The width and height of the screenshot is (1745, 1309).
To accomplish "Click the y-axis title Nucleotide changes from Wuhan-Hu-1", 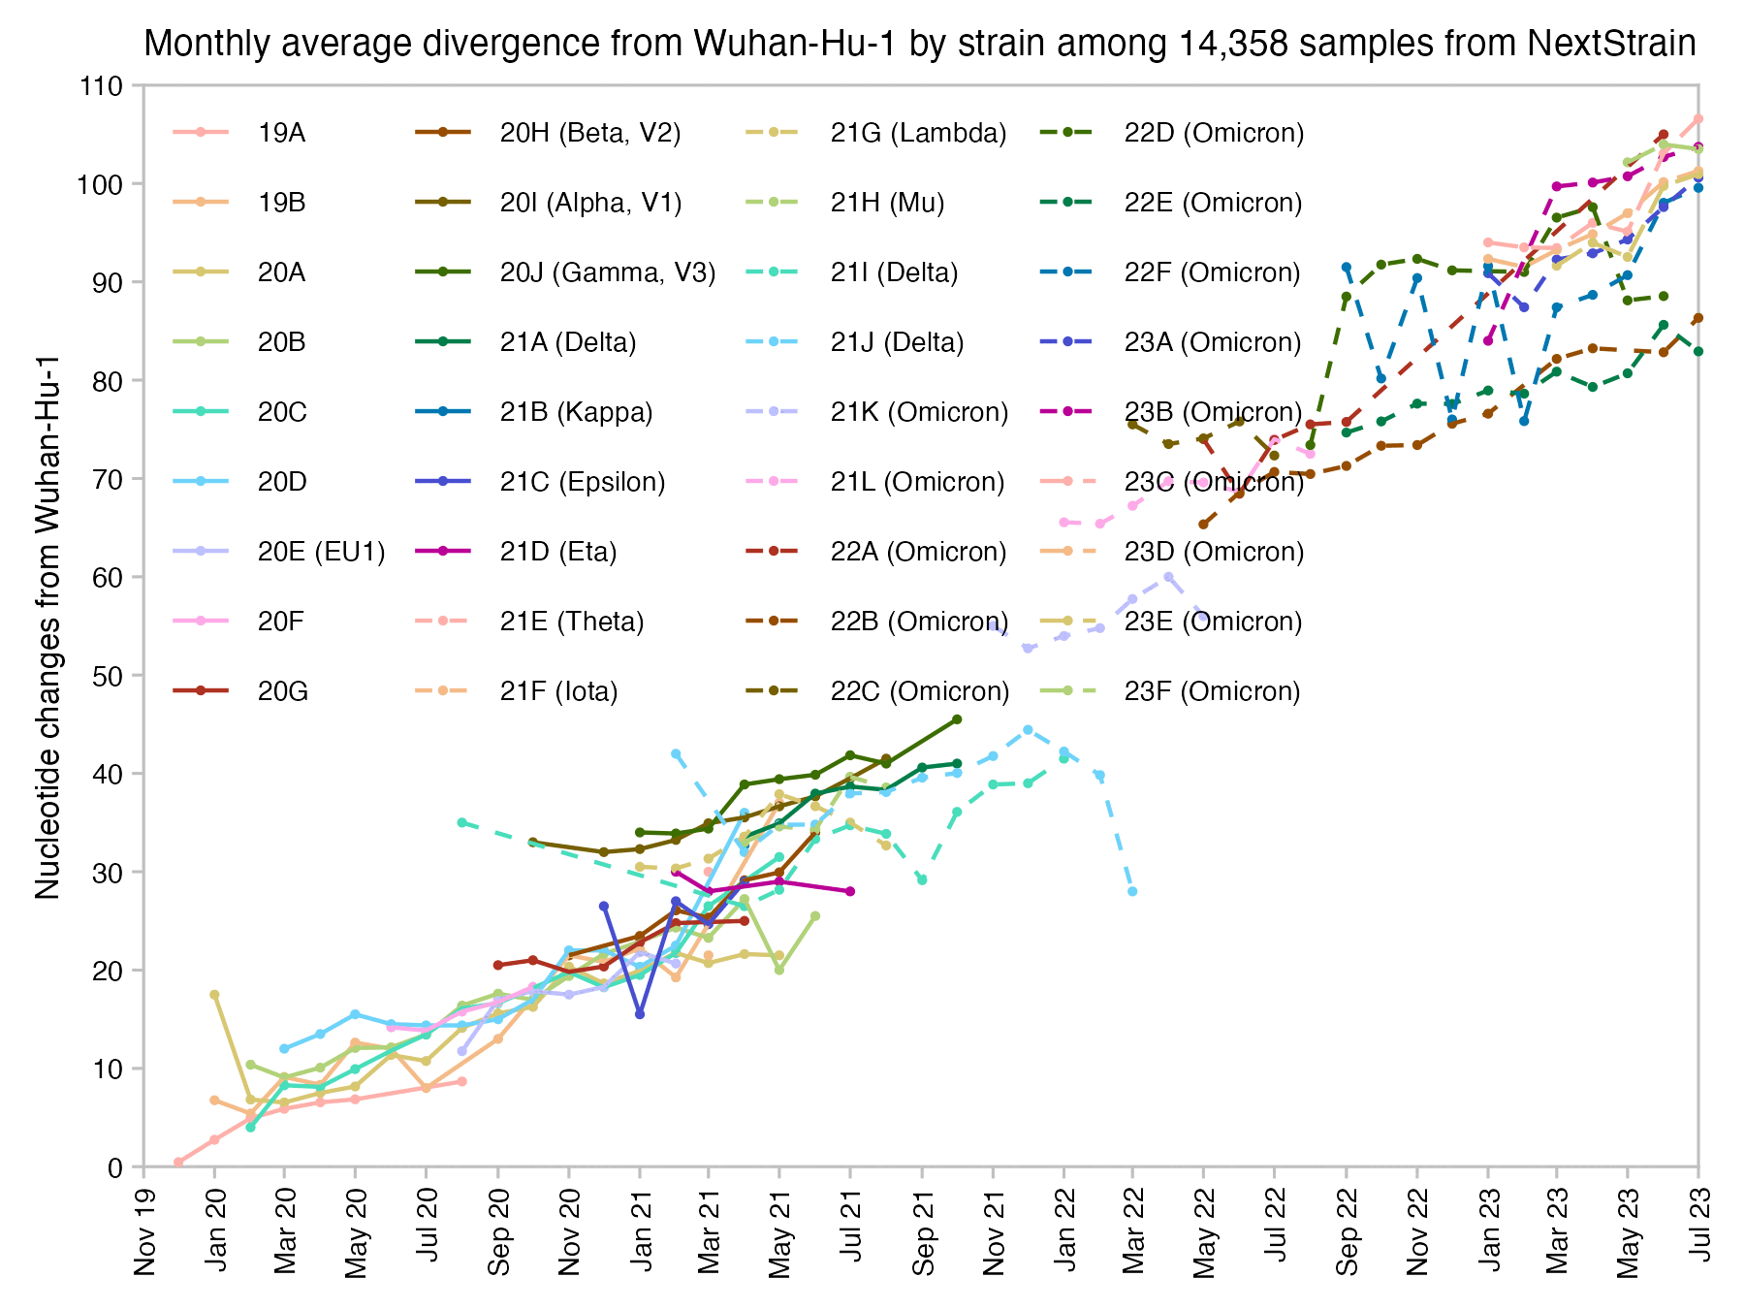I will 48,626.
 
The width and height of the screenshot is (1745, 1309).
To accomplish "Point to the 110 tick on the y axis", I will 103,86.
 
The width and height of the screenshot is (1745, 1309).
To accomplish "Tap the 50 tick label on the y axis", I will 110,676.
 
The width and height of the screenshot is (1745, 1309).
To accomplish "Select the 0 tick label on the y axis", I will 116,1167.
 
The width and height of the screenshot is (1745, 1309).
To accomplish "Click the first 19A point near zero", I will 178,1162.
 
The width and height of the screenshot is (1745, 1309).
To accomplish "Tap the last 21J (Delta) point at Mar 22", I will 1132,891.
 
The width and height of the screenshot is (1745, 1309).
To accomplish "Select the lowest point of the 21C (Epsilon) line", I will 640,1014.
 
